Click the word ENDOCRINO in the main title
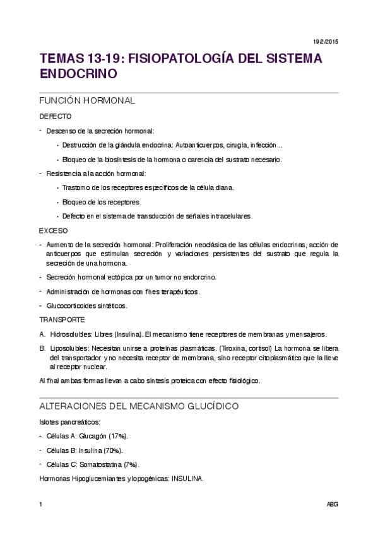click(x=78, y=73)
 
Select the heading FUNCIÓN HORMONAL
click(x=87, y=101)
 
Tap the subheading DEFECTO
click(x=55, y=117)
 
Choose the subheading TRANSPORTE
click(x=62, y=320)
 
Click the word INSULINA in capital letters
click(x=187, y=479)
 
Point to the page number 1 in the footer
click(x=40, y=505)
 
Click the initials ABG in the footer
click(x=333, y=505)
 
